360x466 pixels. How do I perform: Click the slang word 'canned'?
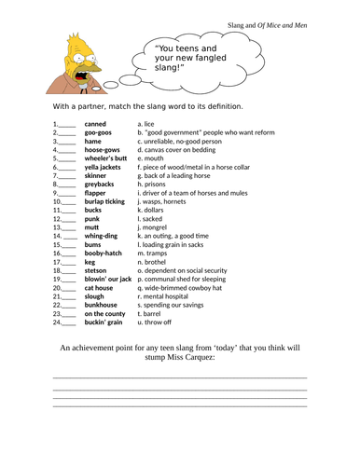click(95, 123)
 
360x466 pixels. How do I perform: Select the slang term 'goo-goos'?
click(99, 132)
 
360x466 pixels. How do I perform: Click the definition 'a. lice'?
click(145, 123)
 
